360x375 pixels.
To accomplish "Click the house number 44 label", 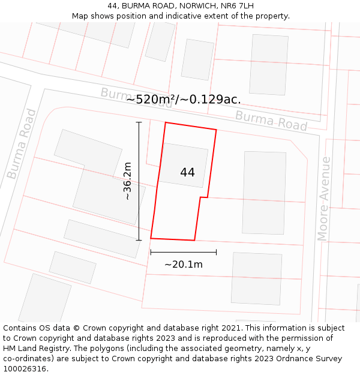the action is tap(187, 172).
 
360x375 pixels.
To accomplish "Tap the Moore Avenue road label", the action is tap(325, 199).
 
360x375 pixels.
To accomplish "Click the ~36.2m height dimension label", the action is tap(127, 181).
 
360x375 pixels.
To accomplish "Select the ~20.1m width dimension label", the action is tap(183, 264).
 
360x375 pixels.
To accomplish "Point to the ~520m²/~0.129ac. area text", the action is tap(183, 100).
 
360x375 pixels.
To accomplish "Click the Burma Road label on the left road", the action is tap(22, 143).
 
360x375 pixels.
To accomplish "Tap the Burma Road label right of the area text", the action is tap(271, 121).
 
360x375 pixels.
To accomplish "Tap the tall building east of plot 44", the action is tap(264, 192).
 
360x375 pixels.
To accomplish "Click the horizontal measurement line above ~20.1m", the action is tap(183, 252).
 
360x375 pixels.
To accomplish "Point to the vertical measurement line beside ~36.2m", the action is tap(139, 181).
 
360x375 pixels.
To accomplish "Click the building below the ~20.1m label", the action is tap(256, 278).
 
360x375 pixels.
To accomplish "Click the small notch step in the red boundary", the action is tap(203, 197).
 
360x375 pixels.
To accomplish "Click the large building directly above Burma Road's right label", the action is tap(269, 64).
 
